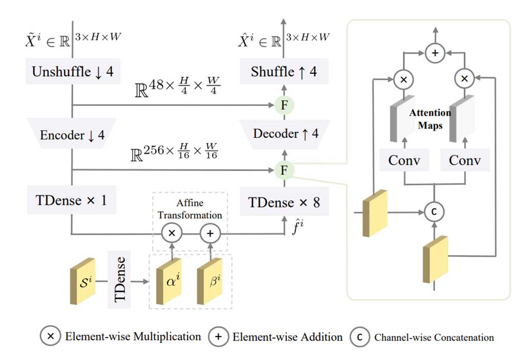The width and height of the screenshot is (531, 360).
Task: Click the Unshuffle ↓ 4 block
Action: click(73, 72)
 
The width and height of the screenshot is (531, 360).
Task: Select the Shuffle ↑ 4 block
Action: click(284, 72)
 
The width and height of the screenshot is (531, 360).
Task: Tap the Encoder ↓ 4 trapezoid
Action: click(72, 135)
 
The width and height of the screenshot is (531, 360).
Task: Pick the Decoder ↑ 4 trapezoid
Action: click(286, 134)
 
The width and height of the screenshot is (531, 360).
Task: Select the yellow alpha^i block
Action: click(170, 280)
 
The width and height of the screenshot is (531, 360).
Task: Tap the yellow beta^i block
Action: click(210, 280)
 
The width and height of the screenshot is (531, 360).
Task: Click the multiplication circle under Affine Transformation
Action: click(172, 233)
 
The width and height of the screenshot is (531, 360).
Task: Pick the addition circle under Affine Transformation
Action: click(209, 233)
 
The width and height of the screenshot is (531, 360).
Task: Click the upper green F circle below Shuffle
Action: click(283, 106)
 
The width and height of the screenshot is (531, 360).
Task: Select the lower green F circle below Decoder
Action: click(283, 170)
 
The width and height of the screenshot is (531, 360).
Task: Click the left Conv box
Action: click(404, 160)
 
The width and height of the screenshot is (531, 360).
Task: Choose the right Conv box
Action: click(465, 160)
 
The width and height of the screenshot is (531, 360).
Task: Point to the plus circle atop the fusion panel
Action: click(435, 52)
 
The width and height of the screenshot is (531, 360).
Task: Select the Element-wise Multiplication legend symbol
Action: click(50, 336)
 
